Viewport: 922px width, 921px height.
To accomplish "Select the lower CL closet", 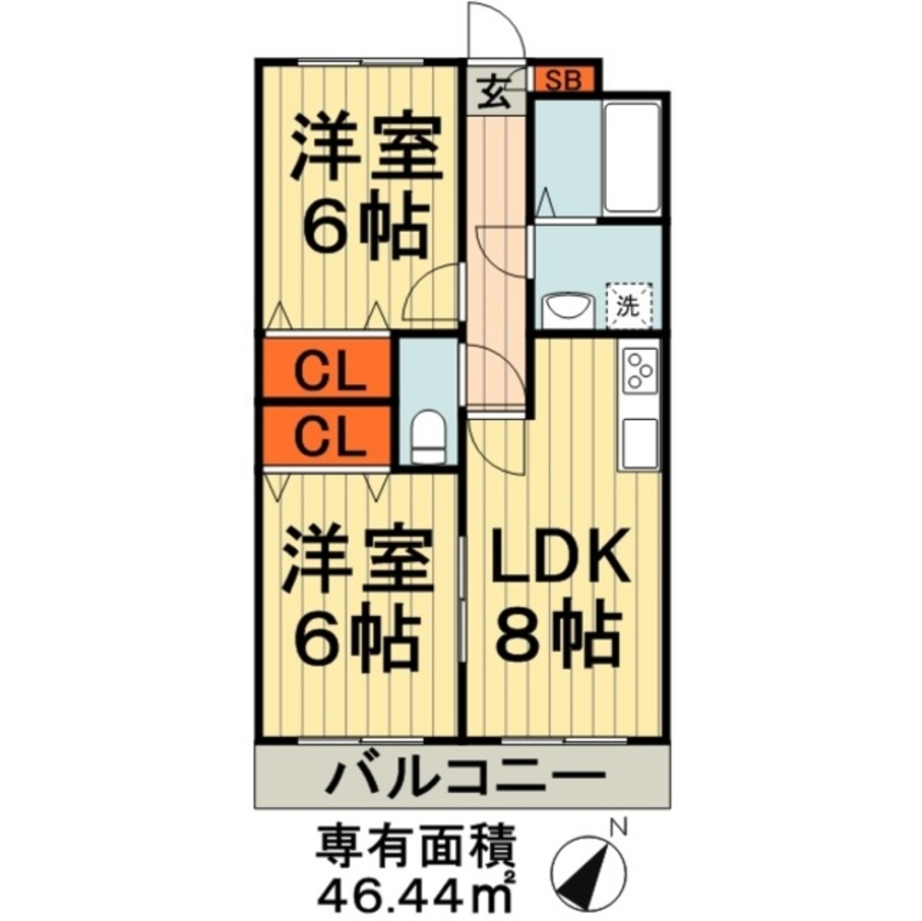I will (x=329, y=436).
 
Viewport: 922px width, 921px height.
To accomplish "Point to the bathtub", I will (x=631, y=158).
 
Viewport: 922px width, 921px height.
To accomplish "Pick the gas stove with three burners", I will (x=640, y=372).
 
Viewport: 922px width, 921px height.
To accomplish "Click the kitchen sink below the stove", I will (x=640, y=443).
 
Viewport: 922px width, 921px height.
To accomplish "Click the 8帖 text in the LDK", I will (x=559, y=635).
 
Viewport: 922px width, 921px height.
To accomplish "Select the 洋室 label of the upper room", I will (x=362, y=150).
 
